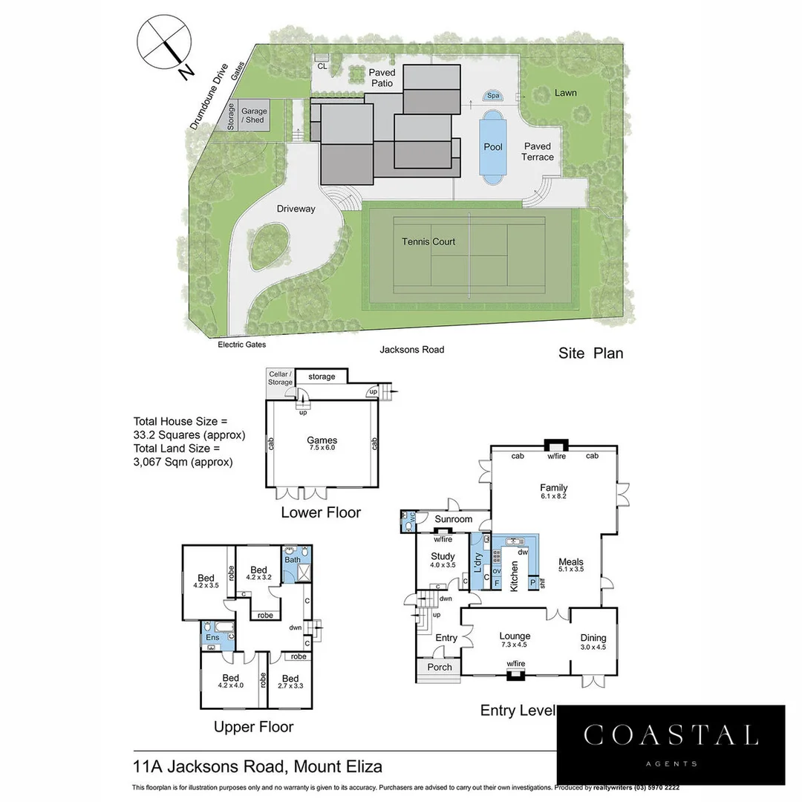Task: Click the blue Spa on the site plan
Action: click(493, 96)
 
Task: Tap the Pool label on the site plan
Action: click(493, 147)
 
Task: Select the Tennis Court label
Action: click(428, 241)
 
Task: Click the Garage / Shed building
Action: click(253, 116)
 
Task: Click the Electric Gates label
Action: click(241, 345)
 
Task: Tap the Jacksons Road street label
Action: click(411, 349)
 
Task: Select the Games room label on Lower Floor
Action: click(322, 440)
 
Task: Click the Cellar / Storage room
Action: click(281, 378)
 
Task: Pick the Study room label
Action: click(443, 556)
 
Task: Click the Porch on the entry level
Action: click(440, 667)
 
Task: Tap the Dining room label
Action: click(593, 638)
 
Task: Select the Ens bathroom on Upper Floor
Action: click(213, 636)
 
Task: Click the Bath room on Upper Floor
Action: click(292, 560)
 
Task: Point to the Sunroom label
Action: click(453, 519)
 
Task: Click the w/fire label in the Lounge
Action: click(516, 664)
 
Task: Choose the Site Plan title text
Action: click(590, 353)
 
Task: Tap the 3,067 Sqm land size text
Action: click(183, 462)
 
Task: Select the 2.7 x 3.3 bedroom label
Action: click(290, 685)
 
